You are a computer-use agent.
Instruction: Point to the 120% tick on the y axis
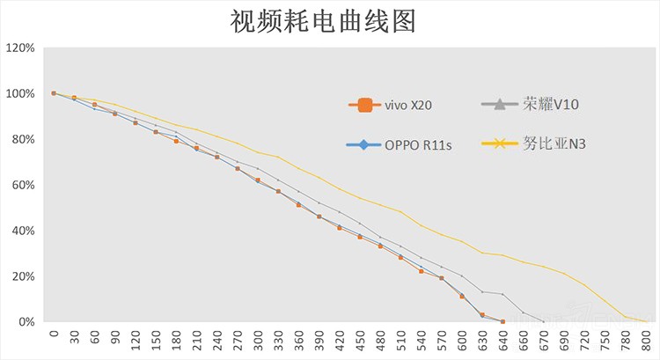(x=20, y=48)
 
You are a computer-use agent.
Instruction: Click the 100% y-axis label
(x=20, y=93)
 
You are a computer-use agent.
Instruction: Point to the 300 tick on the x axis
(x=258, y=340)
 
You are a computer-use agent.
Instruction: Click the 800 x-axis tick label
(x=647, y=340)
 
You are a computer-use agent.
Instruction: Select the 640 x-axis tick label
(x=502, y=340)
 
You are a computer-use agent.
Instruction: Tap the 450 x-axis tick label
(x=360, y=340)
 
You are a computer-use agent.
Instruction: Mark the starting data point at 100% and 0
(x=54, y=93)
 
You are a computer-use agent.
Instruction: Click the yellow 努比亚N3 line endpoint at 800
(x=647, y=321)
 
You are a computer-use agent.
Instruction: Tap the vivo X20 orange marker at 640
(x=502, y=321)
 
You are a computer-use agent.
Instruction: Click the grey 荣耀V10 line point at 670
(x=543, y=321)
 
